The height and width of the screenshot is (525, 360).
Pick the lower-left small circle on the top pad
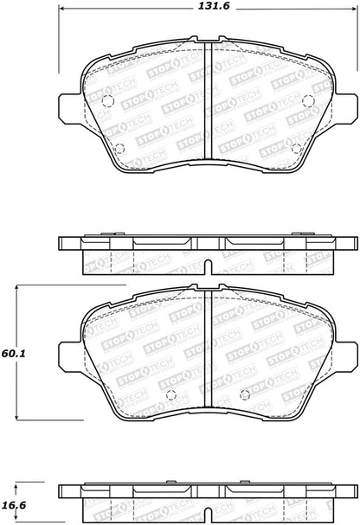120,146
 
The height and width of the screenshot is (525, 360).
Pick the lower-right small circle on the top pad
297,148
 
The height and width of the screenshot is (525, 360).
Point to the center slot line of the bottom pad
205,337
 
